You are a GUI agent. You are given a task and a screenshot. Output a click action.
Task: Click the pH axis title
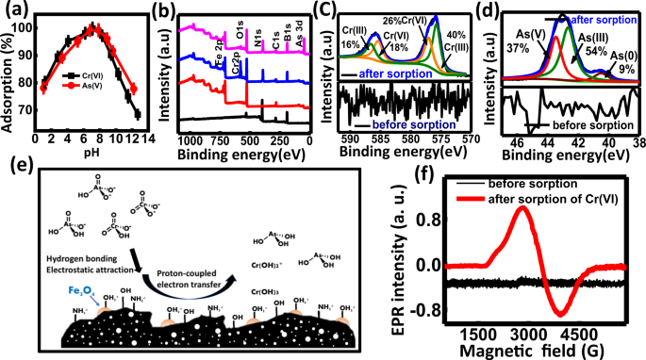tap(91, 153)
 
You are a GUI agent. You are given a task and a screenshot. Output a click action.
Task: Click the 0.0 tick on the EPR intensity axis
tap(427, 266)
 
